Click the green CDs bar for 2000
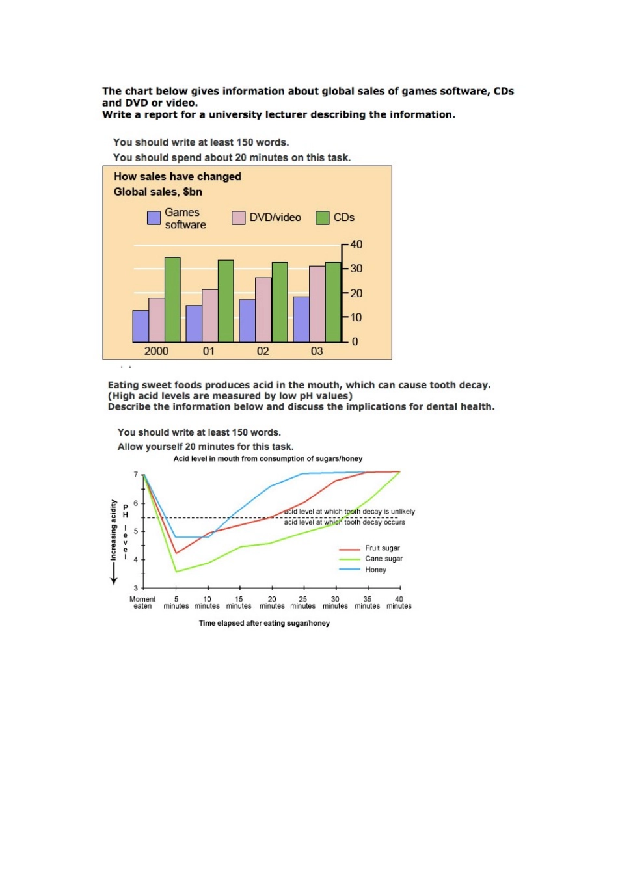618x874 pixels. (172, 299)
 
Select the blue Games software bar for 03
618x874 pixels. (301, 319)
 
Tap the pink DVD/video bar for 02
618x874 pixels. (263, 310)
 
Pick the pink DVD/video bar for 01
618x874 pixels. (210, 315)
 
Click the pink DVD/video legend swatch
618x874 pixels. (238, 218)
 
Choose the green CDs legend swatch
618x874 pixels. (322, 218)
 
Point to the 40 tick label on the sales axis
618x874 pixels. (356, 245)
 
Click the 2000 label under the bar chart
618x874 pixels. (156, 351)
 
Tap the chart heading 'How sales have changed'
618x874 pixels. (177, 176)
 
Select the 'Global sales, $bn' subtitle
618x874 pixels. (157, 192)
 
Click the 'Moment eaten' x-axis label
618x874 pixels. (142, 602)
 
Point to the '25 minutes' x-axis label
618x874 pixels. (302, 602)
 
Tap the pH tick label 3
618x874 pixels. (135, 588)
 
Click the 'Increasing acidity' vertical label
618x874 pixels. (113, 530)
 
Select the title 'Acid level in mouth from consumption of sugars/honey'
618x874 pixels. (268, 459)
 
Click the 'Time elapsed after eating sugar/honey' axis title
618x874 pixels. (264, 623)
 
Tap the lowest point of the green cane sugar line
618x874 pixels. (176, 572)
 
